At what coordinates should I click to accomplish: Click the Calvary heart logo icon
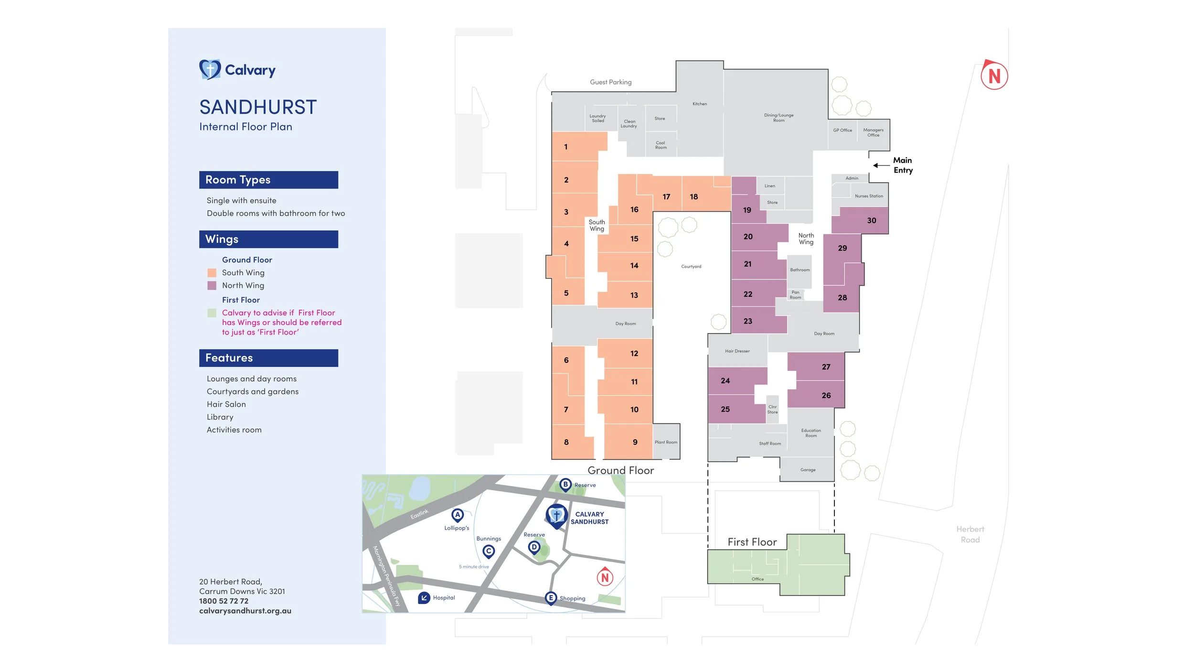210,69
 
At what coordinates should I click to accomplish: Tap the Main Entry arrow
881,165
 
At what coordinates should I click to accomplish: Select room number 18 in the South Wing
693,196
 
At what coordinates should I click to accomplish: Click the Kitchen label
700,104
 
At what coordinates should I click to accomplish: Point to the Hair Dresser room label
737,351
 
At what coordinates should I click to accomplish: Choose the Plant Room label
666,442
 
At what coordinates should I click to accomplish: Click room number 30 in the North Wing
872,220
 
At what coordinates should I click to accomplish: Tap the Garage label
808,470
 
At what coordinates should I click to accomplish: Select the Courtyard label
691,266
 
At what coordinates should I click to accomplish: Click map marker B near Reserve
565,484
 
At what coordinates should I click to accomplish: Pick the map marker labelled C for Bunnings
488,551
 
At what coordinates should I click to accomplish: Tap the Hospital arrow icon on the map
424,597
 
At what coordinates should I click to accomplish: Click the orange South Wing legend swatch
212,272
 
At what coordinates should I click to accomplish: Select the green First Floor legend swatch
212,313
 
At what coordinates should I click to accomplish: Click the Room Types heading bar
268,180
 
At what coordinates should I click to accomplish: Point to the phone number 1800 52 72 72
224,601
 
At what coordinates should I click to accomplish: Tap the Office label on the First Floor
757,579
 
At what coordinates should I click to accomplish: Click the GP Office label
842,130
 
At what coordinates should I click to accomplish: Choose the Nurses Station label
869,196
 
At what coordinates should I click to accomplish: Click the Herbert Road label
970,534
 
